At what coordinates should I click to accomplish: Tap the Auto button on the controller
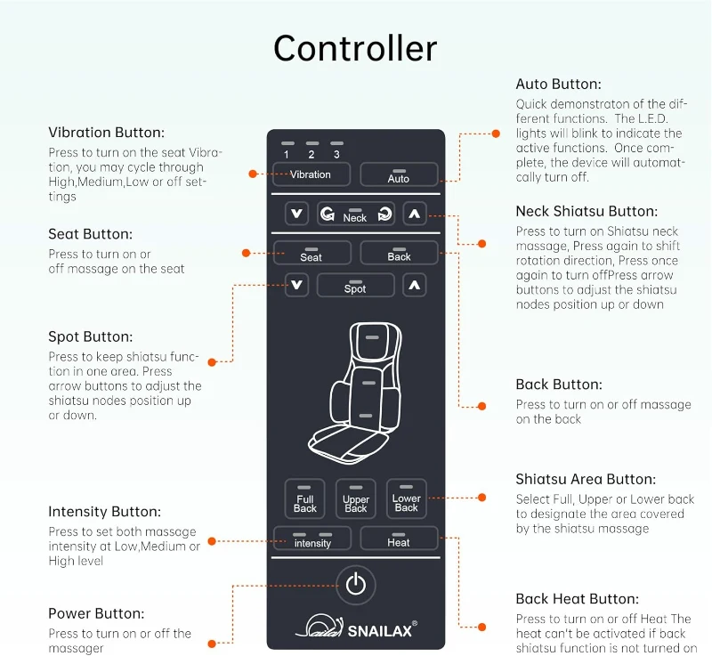click(x=399, y=174)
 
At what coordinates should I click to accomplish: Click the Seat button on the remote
click(x=311, y=254)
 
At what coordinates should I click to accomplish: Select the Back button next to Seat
click(x=399, y=254)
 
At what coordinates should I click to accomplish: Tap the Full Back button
click(x=304, y=500)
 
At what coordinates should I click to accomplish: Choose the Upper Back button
click(x=356, y=500)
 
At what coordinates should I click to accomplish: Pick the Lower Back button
click(x=407, y=500)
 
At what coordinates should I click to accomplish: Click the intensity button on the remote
click(x=311, y=539)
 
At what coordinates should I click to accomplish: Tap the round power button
click(x=356, y=585)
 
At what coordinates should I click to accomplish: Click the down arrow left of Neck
click(x=296, y=214)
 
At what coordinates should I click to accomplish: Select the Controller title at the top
click(x=355, y=48)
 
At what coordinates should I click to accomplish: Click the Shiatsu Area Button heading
click(x=586, y=479)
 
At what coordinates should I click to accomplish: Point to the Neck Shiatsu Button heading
click(x=587, y=212)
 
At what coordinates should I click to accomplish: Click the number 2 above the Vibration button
click(x=311, y=154)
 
